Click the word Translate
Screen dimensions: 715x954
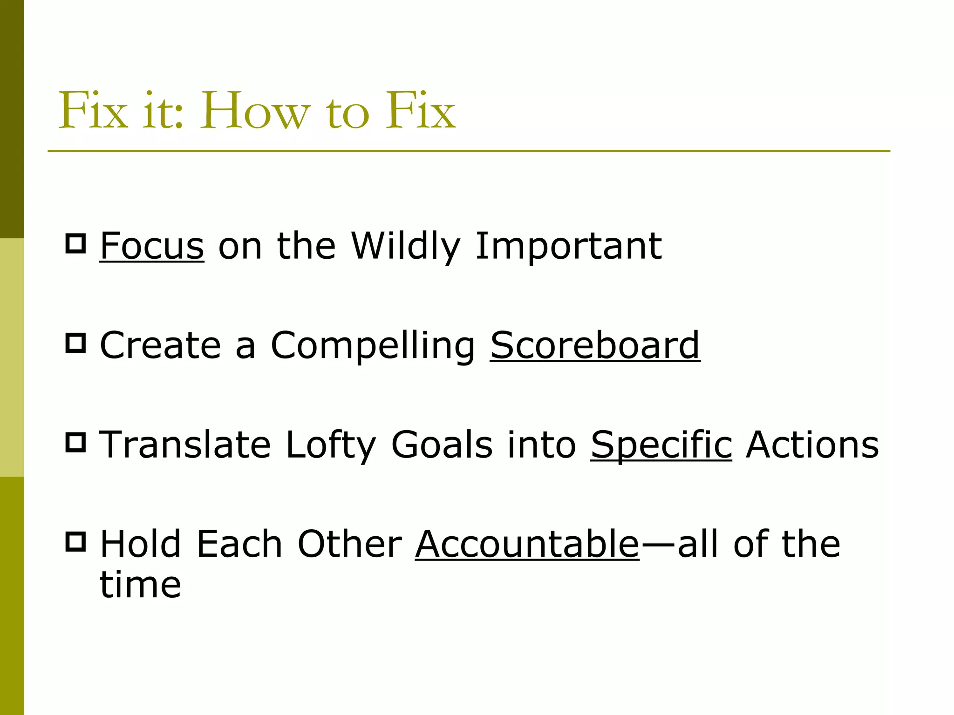[x=185, y=445]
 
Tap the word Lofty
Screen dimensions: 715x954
[x=330, y=445]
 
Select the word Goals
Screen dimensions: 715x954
[x=442, y=445]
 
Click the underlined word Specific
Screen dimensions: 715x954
[x=661, y=445]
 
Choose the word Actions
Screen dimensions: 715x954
[x=812, y=445]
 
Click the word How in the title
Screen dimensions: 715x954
[x=255, y=111]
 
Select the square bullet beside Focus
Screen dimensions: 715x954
[x=75, y=243]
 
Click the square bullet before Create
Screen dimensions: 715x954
[x=75, y=343]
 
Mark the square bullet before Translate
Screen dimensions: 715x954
[x=75, y=442]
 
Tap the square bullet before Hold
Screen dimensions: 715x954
[x=75, y=542]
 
